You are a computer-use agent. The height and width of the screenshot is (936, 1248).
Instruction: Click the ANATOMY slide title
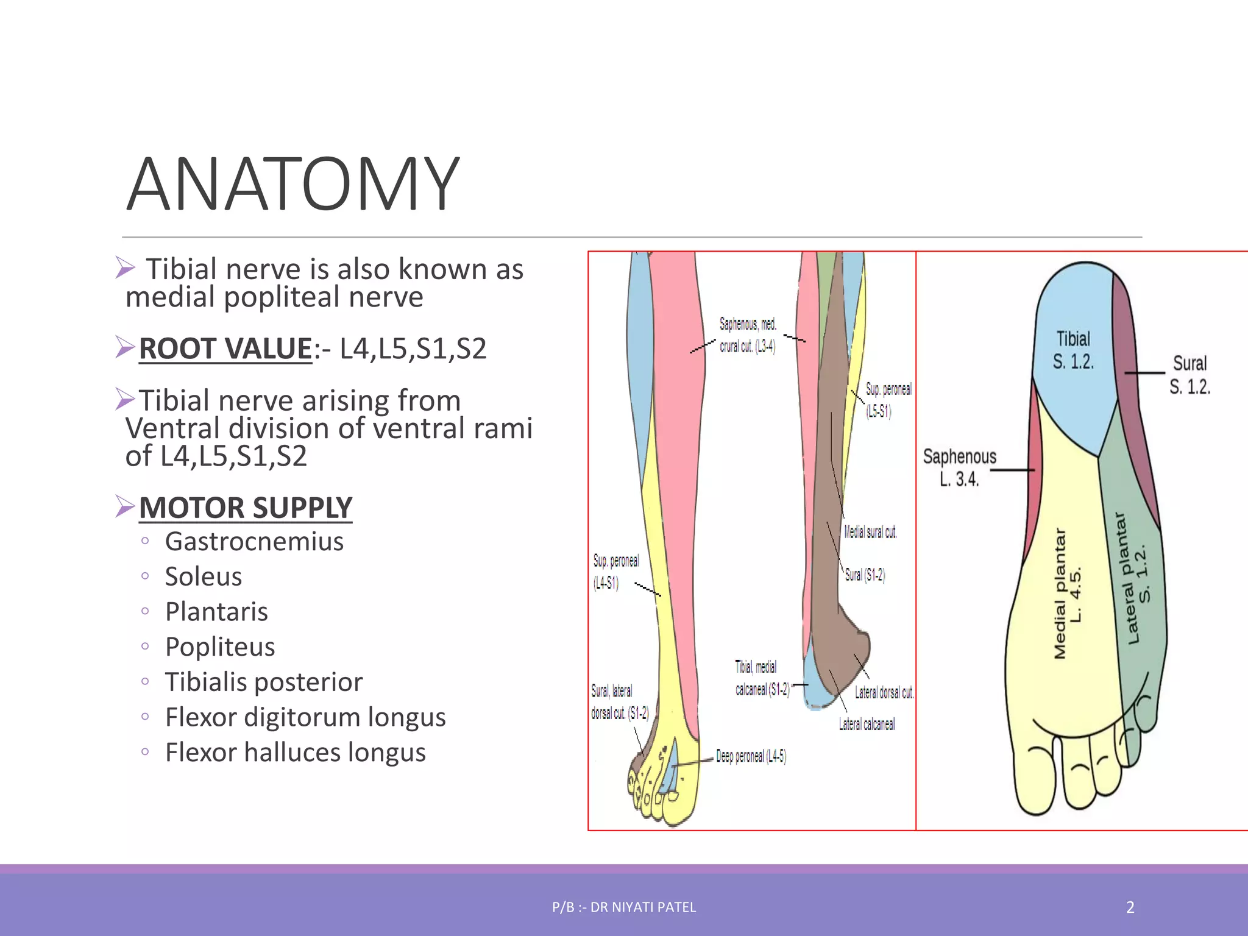tap(292, 184)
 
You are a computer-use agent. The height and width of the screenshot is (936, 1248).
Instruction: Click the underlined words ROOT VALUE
tap(225, 349)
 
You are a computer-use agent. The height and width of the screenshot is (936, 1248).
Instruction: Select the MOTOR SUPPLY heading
tap(246, 508)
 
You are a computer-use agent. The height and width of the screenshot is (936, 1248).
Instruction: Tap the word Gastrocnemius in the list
tap(254, 542)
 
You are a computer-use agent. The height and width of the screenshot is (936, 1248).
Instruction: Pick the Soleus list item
tap(204, 577)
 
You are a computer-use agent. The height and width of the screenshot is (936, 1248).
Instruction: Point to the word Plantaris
tap(216, 612)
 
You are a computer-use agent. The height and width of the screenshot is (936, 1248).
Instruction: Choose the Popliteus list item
tap(220, 647)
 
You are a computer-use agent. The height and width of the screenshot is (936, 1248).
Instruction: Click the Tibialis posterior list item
tap(264, 682)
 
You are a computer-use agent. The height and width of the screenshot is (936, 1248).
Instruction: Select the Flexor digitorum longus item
tap(305, 718)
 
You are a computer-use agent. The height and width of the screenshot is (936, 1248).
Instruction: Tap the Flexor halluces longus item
tap(296, 753)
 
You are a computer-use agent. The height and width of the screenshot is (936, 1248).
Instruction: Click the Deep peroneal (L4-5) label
tap(751, 757)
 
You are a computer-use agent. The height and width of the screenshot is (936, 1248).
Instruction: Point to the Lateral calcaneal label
tap(867, 725)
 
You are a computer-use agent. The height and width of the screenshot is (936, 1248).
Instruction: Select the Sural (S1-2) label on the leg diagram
tap(865, 575)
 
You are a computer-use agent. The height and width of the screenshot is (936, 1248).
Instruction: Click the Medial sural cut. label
tap(870, 533)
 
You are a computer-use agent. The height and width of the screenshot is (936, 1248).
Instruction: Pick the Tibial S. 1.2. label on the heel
tap(1073, 350)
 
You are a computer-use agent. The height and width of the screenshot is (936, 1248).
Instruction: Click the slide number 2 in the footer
tap(1130, 907)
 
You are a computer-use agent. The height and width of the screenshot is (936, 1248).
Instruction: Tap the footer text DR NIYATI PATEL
tap(643, 907)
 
